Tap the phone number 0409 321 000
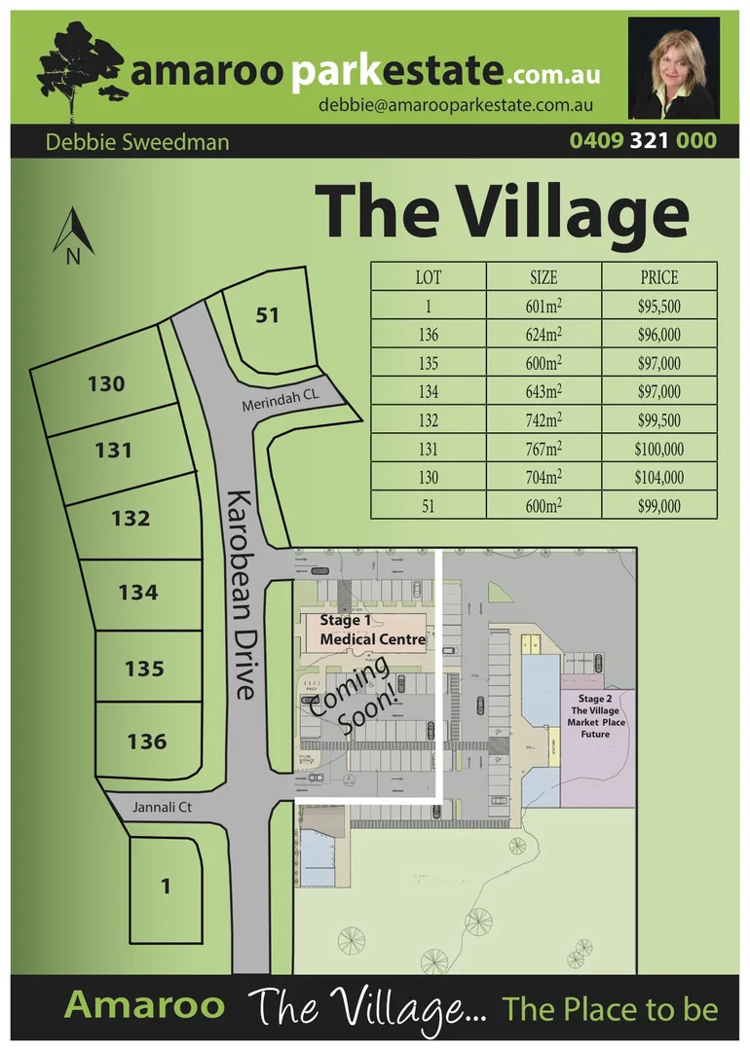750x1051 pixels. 643,141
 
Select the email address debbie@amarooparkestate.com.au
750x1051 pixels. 457,106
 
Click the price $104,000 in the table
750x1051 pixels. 658,478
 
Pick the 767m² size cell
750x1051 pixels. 543,450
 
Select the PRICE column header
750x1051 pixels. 658,277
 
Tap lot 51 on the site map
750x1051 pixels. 268,315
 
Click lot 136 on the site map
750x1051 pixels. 146,742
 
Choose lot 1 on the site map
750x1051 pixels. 166,886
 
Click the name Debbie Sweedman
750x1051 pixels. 137,142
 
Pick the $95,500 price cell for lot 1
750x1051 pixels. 658,306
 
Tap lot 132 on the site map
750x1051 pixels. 131,518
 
